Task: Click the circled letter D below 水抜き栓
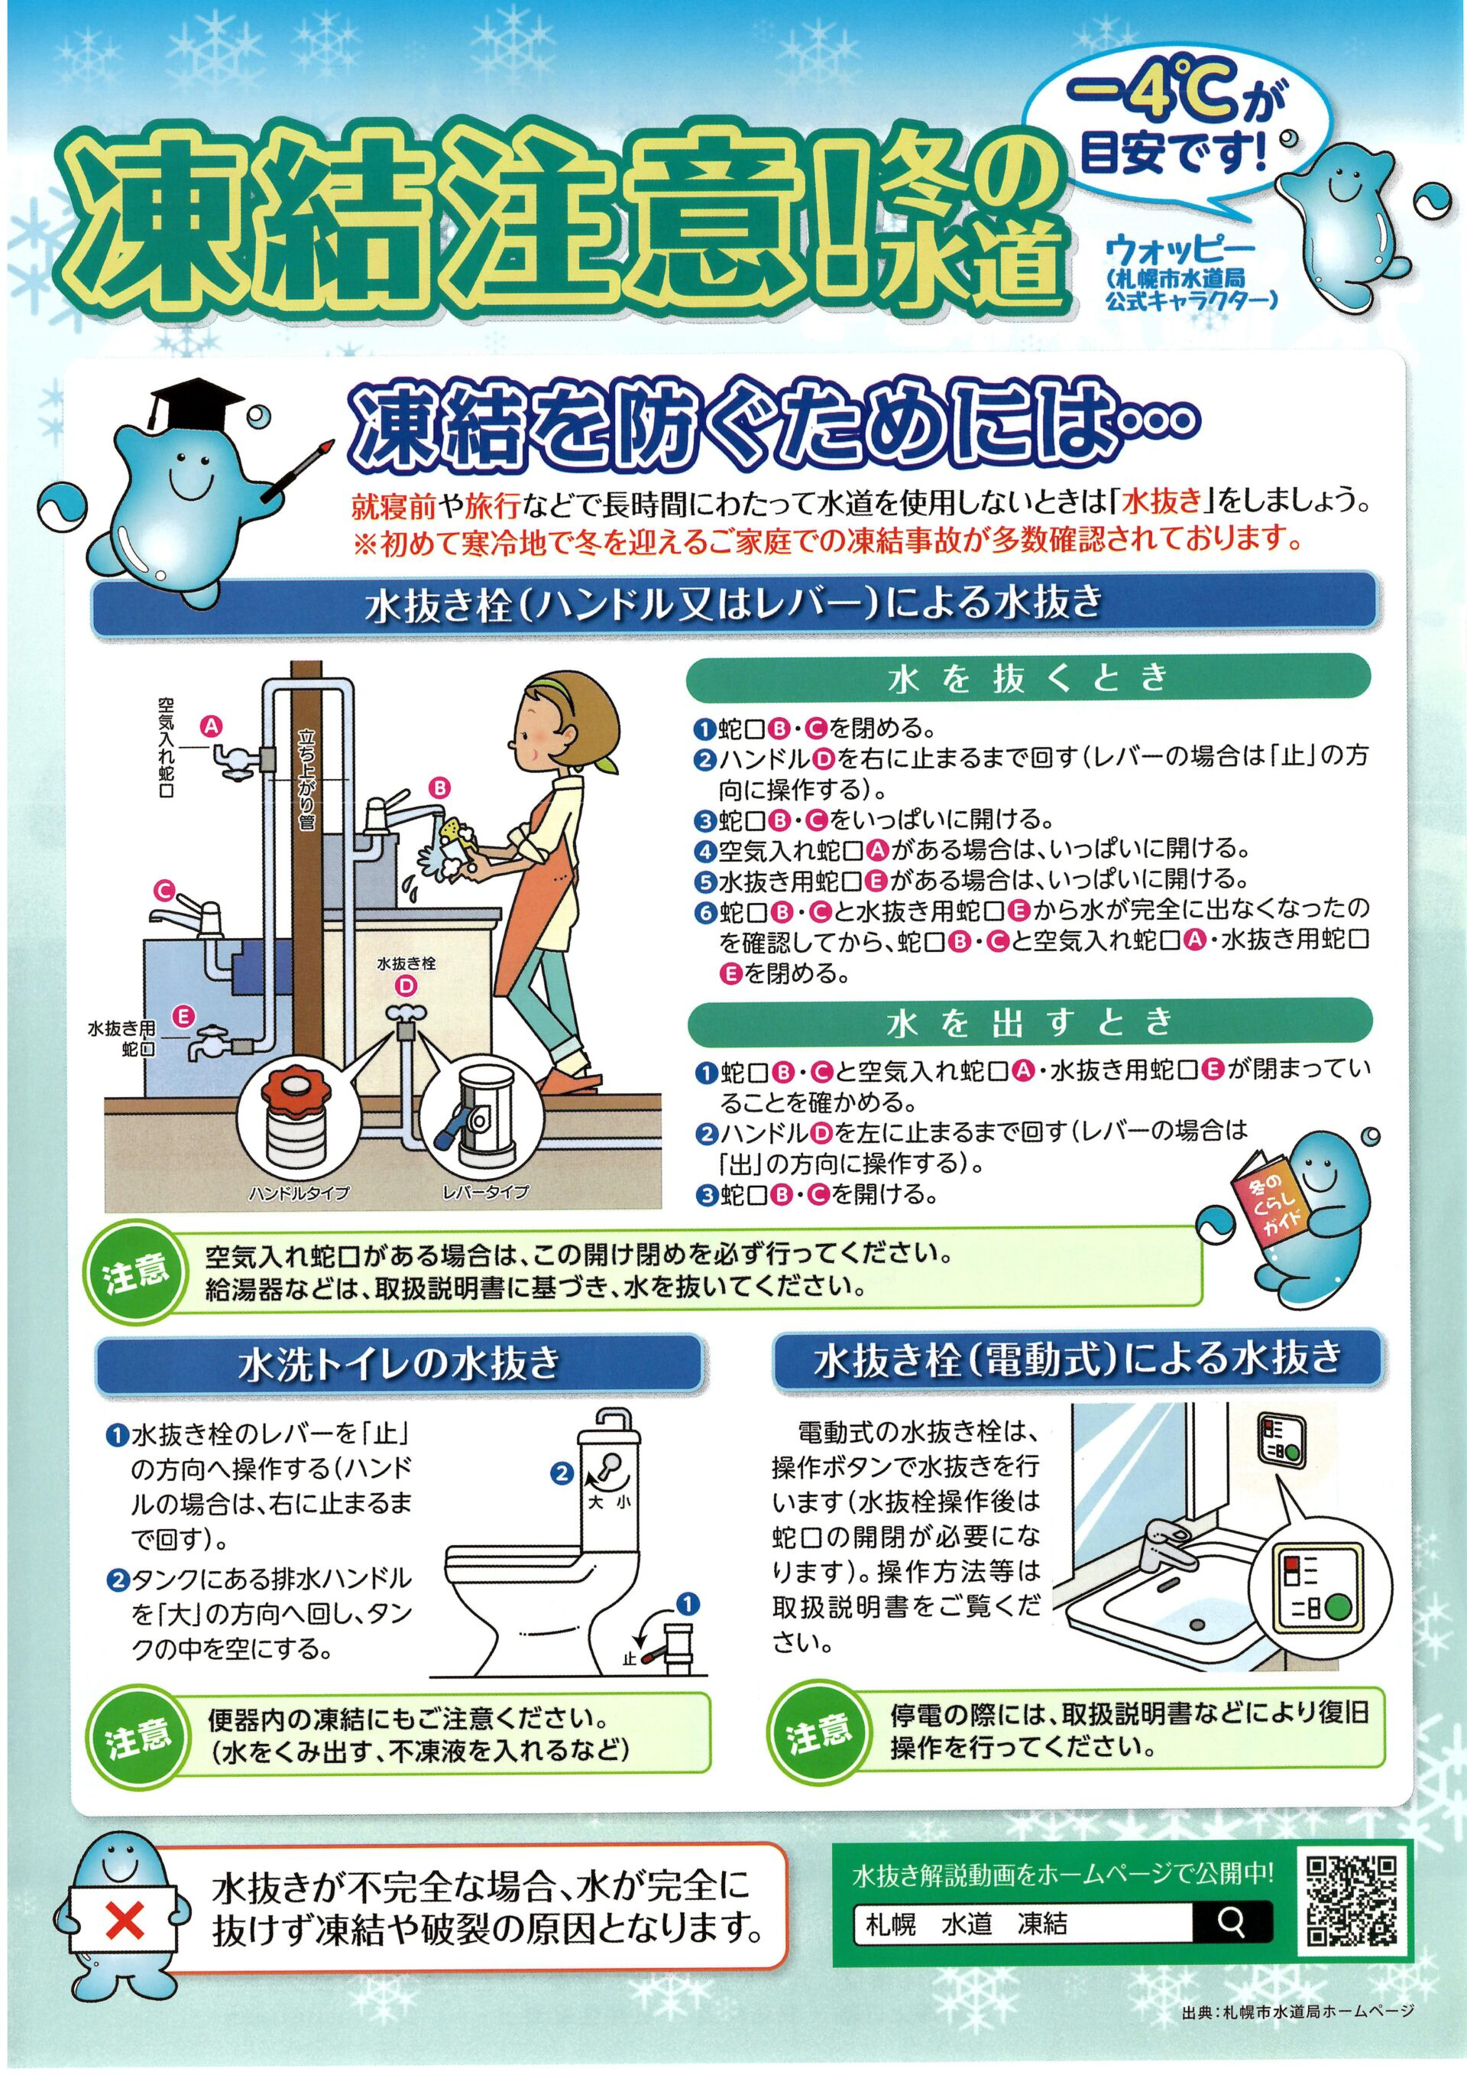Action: [x=407, y=986]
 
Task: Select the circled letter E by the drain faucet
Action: [x=184, y=1017]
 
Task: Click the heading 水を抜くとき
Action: [x=1028, y=679]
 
